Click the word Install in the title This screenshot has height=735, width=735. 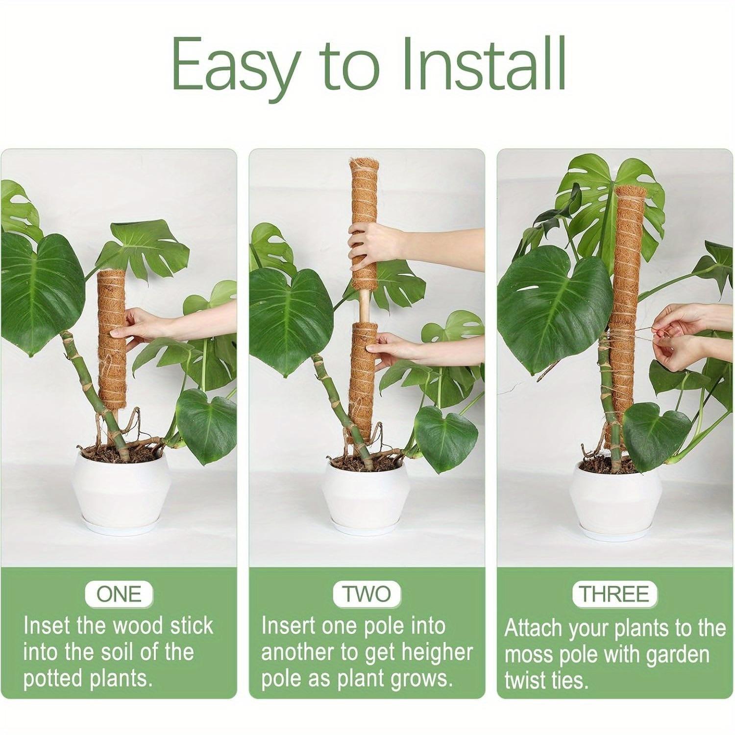[483, 64]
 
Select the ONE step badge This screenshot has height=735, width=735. [119, 594]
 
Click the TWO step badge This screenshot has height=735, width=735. [367, 594]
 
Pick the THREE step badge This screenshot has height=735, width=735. [614, 594]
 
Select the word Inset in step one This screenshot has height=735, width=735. [45, 626]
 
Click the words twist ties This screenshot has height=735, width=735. [546, 681]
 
